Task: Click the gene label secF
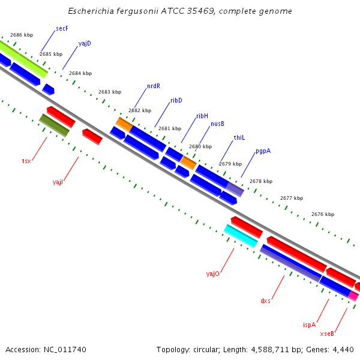[62, 28]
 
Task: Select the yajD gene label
[85, 44]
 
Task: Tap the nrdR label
[154, 86]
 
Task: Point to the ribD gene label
[176, 100]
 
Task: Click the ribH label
[202, 116]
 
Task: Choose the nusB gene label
[217, 124]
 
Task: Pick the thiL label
[239, 137]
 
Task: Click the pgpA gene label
[263, 151]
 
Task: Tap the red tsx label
[26, 161]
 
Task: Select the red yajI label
[58, 181]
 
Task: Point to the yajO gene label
[213, 274]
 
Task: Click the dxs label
[265, 301]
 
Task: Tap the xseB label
[327, 334]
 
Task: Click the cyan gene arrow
[240, 236]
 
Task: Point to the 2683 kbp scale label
[110, 92]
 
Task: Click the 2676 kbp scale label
[323, 214]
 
